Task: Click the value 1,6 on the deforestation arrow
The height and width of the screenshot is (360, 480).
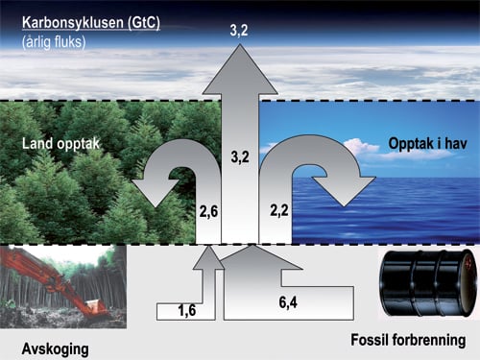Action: tap(189, 309)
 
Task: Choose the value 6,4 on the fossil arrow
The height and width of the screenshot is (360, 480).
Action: tap(288, 303)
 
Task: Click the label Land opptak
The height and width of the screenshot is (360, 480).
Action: tap(61, 145)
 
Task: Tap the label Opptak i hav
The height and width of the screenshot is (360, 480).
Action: tap(423, 144)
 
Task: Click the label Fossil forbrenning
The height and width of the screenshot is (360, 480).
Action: tap(408, 340)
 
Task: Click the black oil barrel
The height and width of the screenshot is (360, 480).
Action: tap(424, 283)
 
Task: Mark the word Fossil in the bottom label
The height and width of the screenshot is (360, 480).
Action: tap(371, 340)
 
